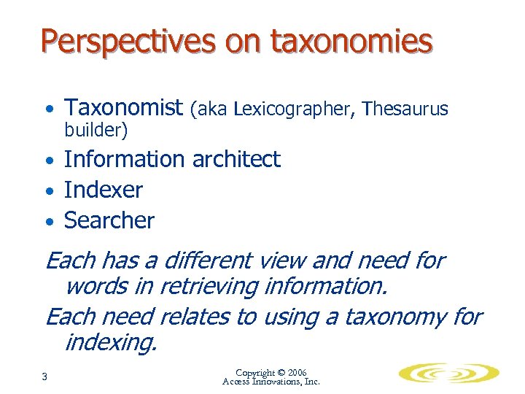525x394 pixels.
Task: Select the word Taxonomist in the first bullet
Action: pyautogui.click(x=123, y=109)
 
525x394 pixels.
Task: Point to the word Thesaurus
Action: pyautogui.click(x=405, y=109)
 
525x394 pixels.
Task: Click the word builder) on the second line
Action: pyautogui.click(x=96, y=131)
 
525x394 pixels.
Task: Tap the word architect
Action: pyautogui.click(x=236, y=159)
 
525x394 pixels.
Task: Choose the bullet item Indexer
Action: pyautogui.click(x=104, y=190)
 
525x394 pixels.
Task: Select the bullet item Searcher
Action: pyautogui.click(x=109, y=220)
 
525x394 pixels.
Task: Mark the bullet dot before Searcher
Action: pyautogui.click(x=48, y=222)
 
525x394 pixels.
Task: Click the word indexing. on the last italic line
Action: pyautogui.click(x=110, y=341)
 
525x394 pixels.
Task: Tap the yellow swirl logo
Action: pyautogui.click(x=448, y=374)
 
